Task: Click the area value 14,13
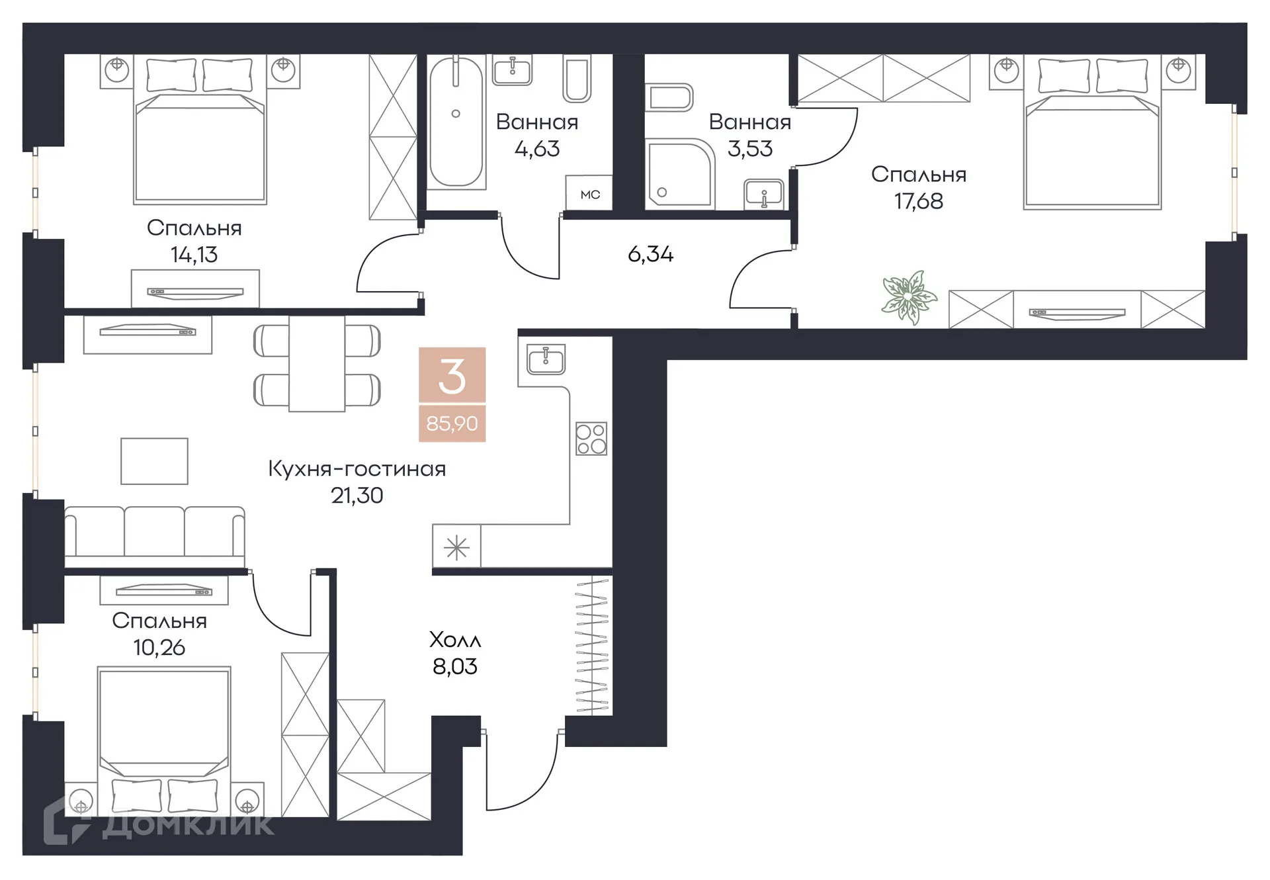(x=194, y=255)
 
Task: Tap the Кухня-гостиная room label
(x=357, y=468)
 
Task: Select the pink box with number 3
(x=452, y=375)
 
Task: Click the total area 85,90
(x=452, y=423)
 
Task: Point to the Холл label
(x=455, y=640)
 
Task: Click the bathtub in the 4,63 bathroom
(x=456, y=122)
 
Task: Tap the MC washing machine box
(x=589, y=194)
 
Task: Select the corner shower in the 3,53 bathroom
(x=679, y=173)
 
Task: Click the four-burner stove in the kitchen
(x=591, y=438)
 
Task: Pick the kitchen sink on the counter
(x=546, y=359)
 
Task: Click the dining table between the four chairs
(x=316, y=363)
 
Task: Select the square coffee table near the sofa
(x=154, y=461)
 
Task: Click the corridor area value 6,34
(x=650, y=254)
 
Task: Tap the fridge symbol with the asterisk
(x=456, y=547)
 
